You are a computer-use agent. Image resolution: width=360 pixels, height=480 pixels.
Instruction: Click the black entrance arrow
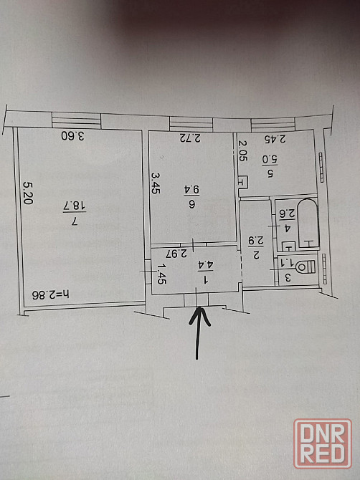[198, 333]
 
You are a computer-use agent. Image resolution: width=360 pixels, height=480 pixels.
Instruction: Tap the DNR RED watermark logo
[323, 444]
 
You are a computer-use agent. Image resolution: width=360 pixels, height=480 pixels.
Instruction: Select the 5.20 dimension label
[29, 193]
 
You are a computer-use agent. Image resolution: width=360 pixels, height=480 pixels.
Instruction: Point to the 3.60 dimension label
[72, 135]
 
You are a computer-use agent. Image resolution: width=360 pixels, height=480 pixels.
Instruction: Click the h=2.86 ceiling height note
[51, 294]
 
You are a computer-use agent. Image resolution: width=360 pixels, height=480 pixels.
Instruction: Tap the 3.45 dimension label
[156, 183]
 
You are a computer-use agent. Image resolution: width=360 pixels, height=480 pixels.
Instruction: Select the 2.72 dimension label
[190, 138]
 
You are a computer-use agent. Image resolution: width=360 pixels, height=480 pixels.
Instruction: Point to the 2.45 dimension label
[275, 139]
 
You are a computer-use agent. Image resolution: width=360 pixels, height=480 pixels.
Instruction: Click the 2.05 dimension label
[243, 150]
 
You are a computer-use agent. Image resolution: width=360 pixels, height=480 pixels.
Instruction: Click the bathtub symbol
[308, 223]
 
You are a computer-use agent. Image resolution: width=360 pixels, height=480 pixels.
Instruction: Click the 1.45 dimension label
[161, 274]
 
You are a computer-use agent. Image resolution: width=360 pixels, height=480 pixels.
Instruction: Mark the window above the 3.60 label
[76, 120]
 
